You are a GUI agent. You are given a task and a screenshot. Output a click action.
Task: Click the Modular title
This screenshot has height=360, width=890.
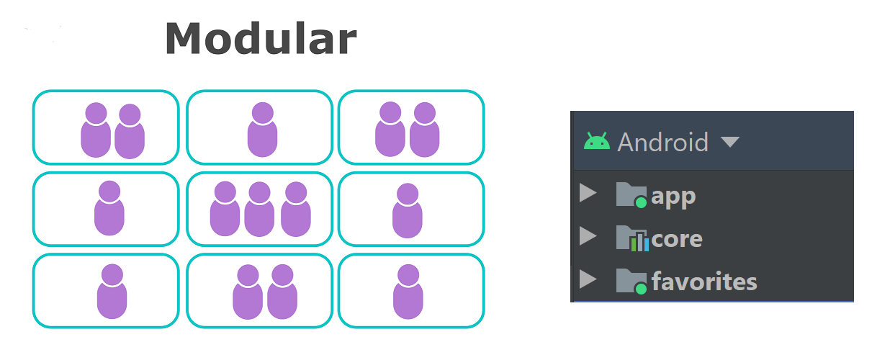(x=261, y=38)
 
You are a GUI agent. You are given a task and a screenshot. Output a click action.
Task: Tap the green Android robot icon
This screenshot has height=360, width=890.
(x=596, y=141)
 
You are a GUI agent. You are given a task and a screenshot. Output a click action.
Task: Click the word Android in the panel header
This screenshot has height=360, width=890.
(x=662, y=142)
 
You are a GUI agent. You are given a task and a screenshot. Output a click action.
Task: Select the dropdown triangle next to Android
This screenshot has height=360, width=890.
(x=729, y=142)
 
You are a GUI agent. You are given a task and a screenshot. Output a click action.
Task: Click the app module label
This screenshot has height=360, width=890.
(x=673, y=196)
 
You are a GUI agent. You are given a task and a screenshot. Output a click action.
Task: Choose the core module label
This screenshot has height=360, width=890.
(x=676, y=238)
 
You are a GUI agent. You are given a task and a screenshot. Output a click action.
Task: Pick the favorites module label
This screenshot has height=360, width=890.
(x=704, y=281)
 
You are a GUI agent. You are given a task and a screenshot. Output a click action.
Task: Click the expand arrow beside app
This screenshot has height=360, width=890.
(x=588, y=193)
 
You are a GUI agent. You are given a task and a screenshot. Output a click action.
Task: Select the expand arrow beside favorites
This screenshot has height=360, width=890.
(x=588, y=279)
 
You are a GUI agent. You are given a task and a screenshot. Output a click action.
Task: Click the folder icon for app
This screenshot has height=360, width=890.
(x=631, y=194)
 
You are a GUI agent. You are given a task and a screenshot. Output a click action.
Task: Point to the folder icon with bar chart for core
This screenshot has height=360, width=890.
(x=631, y=238)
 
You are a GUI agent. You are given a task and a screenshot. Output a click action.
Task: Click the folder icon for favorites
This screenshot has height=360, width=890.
(x=631, y=281)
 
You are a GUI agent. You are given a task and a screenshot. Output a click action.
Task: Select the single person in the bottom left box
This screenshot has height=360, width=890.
(x=112, y=292)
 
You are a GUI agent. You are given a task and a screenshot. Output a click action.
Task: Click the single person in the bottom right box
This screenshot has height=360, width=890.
(x=408, y=292)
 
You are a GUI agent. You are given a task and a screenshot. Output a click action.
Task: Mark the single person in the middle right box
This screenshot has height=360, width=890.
(x=408, y=210)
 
